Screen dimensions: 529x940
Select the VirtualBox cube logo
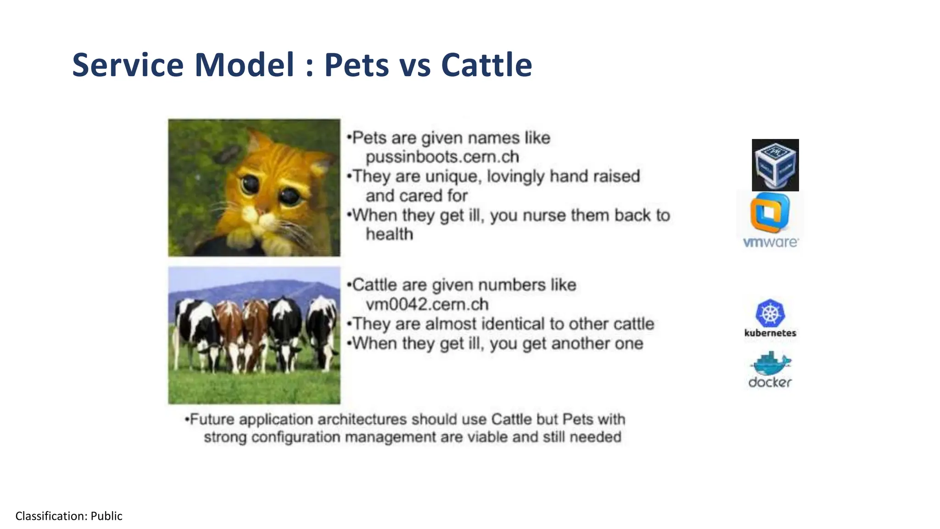tap(775, 165)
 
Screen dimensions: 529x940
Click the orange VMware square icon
tap(770, 213)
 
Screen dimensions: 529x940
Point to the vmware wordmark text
tap(771, 242)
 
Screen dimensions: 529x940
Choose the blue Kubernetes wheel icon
tap(770, 313)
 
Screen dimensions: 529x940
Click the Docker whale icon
tap(771, 363)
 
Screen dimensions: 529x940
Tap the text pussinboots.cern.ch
tap(442, 157)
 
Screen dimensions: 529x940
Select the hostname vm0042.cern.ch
tap(427, 304)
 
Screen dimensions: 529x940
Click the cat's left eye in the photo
tap(250, 184)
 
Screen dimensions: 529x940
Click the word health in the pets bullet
tap(389, 234)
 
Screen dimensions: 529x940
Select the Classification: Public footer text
tap(69, 516)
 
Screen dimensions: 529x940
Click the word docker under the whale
tap(770, 382)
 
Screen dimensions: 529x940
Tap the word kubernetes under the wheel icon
tap(770, 333)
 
